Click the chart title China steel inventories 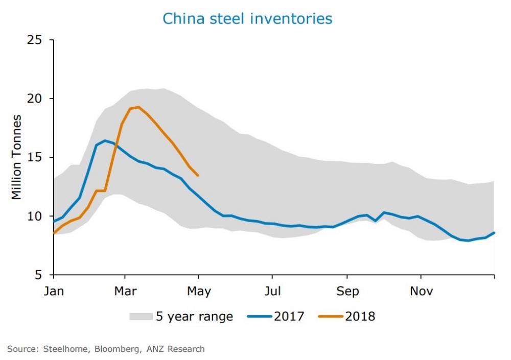tap(247, 19)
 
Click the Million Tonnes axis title tap(17, 157)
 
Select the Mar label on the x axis tap(125, 292)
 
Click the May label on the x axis tap(199, 292)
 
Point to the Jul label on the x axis tap(272, 292)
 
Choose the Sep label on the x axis tap(347, 292)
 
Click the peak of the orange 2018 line tap(138, 107)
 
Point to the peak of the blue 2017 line tap(105, 140)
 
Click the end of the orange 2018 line tap(198, 176)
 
